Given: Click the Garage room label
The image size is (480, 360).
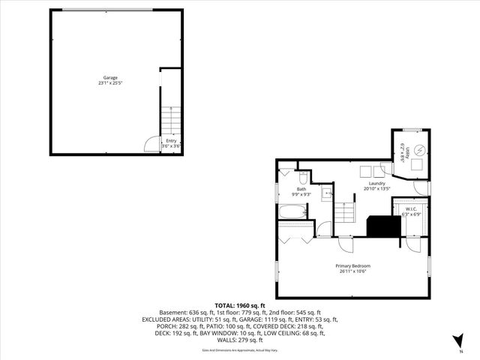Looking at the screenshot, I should [x=110, y=78].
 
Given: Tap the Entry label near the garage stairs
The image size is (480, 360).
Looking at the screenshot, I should [x=172, y=140].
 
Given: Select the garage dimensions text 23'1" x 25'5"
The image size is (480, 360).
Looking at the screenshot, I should [x=110, y=83].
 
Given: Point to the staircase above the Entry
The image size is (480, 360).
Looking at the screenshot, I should [x=172, y=118].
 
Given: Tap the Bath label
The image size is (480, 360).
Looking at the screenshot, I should [x=301, y=189].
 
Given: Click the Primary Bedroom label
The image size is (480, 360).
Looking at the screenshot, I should [x=352, y=266].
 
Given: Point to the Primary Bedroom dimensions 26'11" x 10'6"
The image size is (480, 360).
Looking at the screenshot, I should [x=352, y=271].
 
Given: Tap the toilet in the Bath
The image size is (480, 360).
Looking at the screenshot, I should [x=303, y=178].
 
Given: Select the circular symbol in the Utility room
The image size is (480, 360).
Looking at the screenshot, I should [x=419, y=148].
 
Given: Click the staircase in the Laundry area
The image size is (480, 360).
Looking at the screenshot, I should [x=344, y=212].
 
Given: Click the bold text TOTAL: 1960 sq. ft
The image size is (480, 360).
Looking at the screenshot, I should [x=239, y=305].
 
